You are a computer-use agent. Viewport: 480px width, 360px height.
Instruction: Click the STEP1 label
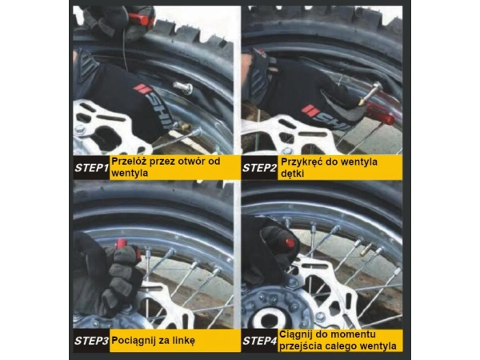(91, 168)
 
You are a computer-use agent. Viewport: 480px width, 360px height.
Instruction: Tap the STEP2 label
(259, 168)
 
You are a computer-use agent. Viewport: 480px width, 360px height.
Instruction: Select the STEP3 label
(91, 341)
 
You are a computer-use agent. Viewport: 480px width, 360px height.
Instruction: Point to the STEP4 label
(259, 341)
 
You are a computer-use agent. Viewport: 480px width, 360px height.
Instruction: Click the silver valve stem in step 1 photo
(183, 88)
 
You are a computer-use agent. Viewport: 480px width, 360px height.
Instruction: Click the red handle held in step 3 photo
(122, 244)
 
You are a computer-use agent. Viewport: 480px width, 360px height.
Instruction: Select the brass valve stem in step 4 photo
(366, 249)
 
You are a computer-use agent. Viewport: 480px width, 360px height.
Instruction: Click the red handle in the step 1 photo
(139, 19)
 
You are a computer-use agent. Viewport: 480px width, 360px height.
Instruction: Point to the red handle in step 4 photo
(290, 242)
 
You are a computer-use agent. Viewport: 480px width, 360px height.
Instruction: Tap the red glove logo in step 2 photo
(309, 110)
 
